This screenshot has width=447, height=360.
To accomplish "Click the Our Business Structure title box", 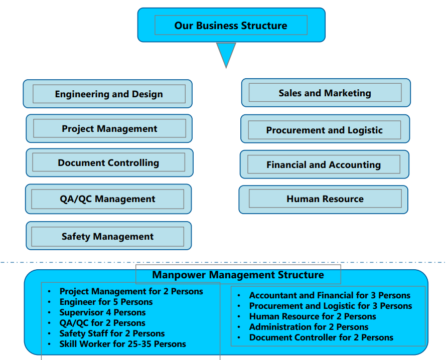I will tap(231, 25).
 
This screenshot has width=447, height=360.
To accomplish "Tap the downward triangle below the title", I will tap(226, 53).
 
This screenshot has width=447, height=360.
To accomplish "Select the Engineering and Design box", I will tap(108, 94).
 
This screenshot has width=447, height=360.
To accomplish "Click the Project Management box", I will tap(109, 129).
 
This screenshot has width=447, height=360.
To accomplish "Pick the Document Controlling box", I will tap(108, 162).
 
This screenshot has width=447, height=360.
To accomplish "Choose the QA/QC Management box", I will tap(107, 199).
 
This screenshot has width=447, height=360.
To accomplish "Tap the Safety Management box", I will tap(107, 236).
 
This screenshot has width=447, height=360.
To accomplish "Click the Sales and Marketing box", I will tap(325, 93).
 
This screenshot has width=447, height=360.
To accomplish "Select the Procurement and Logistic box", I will tap(324, 130).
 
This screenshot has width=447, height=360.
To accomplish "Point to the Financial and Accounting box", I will tap(324, 164).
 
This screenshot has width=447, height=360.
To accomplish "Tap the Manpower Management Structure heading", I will tap(238, 275).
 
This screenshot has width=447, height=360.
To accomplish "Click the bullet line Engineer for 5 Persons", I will tap(106, 302).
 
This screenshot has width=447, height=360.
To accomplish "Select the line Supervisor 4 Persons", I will tap(102, 312).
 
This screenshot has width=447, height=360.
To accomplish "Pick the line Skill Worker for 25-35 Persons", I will tap(122, 344).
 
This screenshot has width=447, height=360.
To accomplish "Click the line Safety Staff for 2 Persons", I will tap(112, 333).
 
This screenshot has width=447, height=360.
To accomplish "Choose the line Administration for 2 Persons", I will tap(309, 327).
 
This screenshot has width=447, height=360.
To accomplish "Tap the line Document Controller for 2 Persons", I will tap(321, 337).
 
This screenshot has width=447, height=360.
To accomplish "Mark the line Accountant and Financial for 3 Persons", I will tap(330, 295).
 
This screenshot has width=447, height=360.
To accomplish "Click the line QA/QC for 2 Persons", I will tap(102, 323).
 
